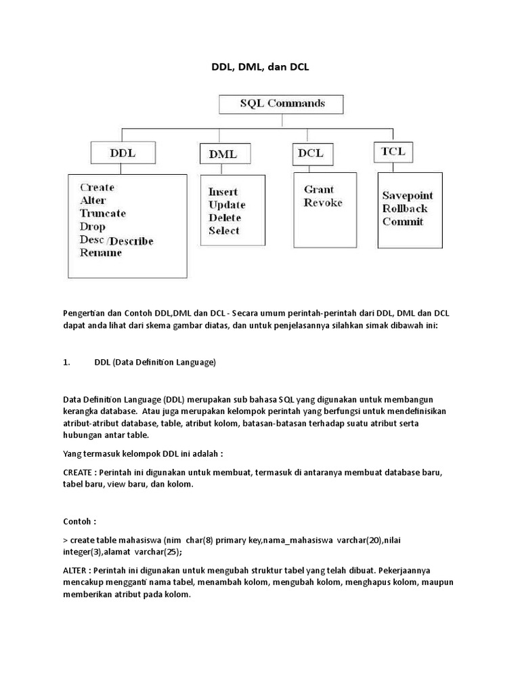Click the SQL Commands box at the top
[282, 104]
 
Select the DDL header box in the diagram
[123, 153]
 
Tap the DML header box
[223, 154]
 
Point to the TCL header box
[393, 152]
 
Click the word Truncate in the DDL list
[102, 213]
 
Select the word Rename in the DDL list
[100, 253]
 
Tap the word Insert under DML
[223, 192]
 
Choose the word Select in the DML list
[224, 231]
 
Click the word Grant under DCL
[318, 190]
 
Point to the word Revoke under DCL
[323, 203]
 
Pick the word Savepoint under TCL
[408, 196]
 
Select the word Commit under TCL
[402, 222]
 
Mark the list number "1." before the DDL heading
[66, 363]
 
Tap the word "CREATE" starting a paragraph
[78, 472]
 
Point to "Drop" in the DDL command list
[93, 227]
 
